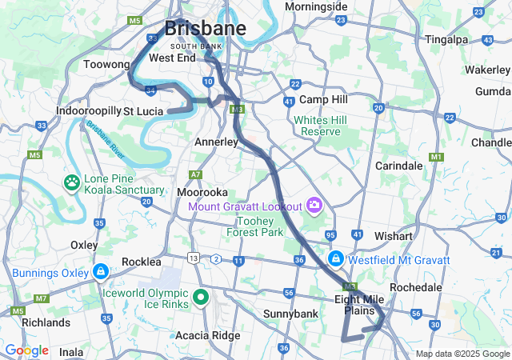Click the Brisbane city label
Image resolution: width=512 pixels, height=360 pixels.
[x=205, y=29]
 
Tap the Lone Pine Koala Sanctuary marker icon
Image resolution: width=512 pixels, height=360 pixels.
[x=73, y=183]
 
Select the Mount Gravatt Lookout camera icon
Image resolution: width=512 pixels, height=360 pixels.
[x=314, y=206]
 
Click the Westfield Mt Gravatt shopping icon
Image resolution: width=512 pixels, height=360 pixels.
[x=337, y=260]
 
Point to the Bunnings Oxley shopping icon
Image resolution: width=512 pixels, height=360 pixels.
[x=100, y=273]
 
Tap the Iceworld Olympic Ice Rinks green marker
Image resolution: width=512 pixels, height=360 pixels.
[x=201, y=298]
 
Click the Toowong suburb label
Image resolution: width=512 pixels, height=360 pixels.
[x=106, y=64]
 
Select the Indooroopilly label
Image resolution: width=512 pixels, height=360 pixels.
[x=88, y=110]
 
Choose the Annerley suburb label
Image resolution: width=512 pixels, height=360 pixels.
[x=217, y=142]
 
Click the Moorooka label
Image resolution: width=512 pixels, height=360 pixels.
[x=203, y=193]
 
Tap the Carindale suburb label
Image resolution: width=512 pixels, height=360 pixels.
[x=399, y=166]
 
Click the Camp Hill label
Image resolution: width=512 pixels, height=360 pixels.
[x=323, y=100]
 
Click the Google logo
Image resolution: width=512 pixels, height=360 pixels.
[x=27, y=350]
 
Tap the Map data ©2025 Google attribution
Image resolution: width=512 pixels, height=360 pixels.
[x=462, y=354]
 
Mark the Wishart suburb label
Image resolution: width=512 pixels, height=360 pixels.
[x=393, y=237]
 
